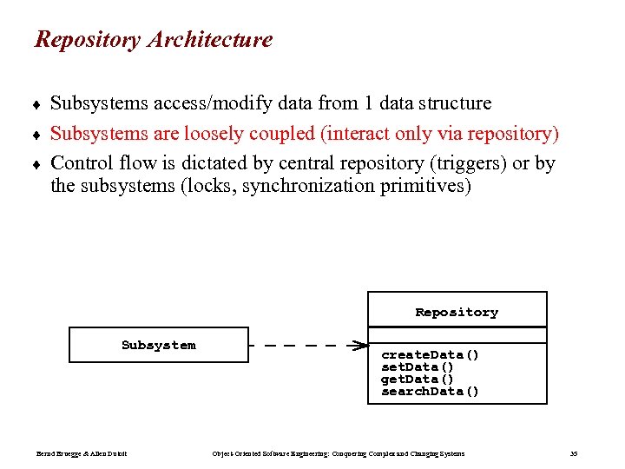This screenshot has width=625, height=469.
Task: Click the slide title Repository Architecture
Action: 153,40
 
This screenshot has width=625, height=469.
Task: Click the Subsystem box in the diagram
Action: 159,345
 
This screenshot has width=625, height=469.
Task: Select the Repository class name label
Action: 457,312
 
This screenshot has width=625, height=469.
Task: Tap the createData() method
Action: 431,354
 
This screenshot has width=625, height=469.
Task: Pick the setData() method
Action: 418,367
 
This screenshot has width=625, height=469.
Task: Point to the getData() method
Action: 418,379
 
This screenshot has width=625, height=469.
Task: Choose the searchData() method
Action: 431,391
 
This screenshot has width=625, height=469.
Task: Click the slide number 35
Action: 573,453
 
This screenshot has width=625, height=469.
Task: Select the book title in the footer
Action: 339,453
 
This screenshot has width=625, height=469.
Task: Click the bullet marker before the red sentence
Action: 38,135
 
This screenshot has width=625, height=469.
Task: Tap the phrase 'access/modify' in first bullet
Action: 215,104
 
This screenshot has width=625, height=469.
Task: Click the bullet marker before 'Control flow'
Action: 38,164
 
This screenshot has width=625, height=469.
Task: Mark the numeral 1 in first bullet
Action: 369,104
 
